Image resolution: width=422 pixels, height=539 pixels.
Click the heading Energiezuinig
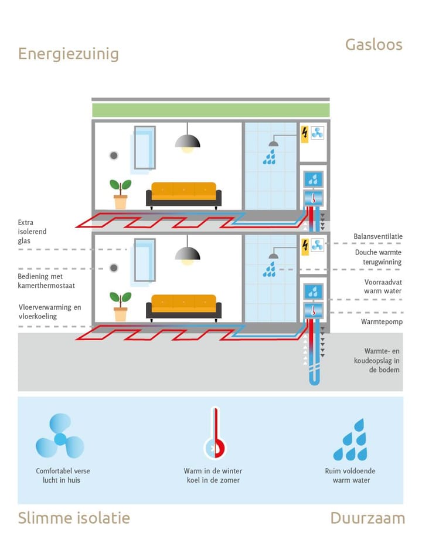coord(68,54)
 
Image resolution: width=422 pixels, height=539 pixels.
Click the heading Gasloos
coord(373,45)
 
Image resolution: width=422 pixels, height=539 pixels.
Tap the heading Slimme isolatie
coord(73,518)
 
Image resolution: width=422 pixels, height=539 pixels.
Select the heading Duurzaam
coord(367,518)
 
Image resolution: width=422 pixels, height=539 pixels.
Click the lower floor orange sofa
coord(183,307)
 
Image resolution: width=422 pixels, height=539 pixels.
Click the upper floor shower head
coord(273,143)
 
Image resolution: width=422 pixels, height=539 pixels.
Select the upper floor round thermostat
coord(114,155)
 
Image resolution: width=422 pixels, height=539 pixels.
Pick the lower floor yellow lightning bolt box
coord(304,245)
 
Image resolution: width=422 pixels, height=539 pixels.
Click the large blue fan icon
coord(60,436)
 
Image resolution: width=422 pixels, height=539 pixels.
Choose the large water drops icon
coord(350,440)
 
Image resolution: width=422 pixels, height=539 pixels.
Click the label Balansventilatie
coord(378,236)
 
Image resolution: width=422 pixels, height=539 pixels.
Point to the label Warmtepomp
coord(382,322)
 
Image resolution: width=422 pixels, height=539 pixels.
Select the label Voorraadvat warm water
coord(382,286)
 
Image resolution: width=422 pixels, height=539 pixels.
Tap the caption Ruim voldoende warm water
coord(350,476)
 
